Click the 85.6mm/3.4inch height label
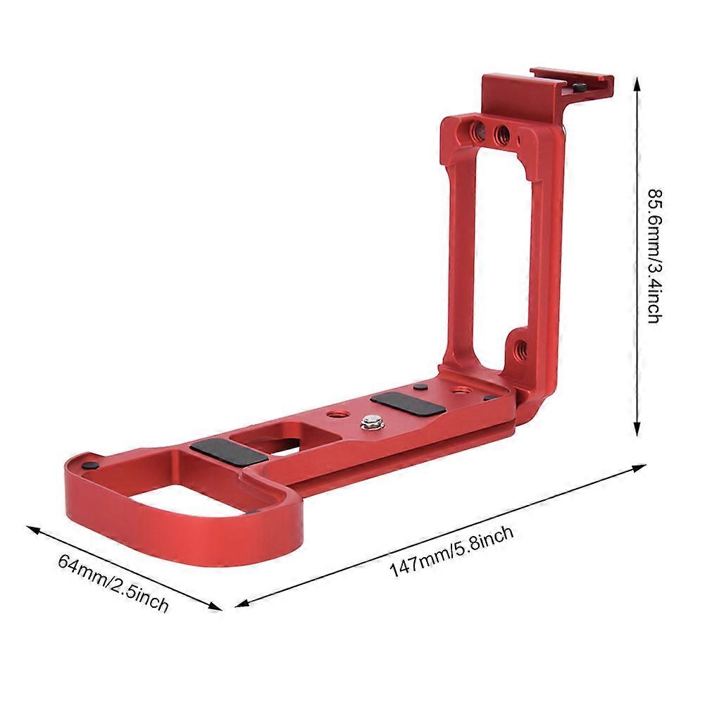pyautogui.click(x=655, y=256)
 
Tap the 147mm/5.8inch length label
pyautogui.click(x=451, y=551)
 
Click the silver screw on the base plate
pyautogui.click(x=370, y=422)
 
